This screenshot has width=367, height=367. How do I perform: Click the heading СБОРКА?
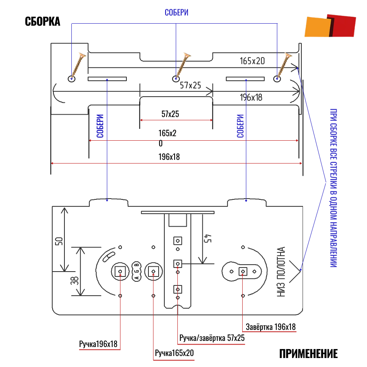(42, 22)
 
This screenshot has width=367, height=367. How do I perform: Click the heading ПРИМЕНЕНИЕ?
(309, 354)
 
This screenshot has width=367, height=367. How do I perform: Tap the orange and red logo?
(330, 27)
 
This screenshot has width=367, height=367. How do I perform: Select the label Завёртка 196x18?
(271, 327)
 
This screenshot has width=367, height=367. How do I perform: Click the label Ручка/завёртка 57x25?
(212, 338)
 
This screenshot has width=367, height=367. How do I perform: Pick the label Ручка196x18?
(98, 344)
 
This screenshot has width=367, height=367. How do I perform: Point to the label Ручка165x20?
(174, 353)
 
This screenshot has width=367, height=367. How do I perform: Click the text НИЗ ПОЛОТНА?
(282, 272)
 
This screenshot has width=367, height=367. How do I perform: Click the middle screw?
(182, 66)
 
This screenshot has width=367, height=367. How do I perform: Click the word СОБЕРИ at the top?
(176, 13)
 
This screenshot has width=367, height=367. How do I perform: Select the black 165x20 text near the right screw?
(252, 61)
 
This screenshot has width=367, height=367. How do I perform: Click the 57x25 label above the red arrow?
(170, 114)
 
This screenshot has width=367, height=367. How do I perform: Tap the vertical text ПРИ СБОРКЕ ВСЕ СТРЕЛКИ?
(334, 188)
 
